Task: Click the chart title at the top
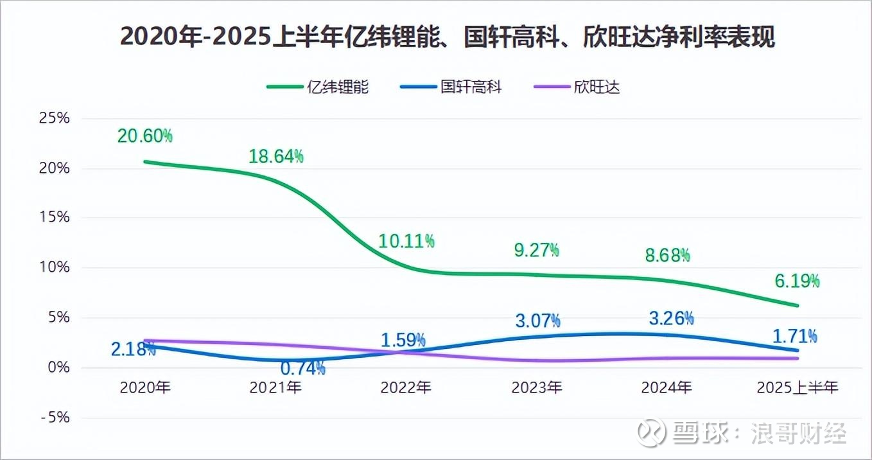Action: (x=448, y=37)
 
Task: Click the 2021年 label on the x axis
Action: (x=275, y=387)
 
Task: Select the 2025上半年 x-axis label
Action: (x=797, y=387)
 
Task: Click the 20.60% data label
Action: (x=144, y=136)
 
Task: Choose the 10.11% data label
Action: (x=406, y=241)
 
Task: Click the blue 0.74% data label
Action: (x=302, y=368)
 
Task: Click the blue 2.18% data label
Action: (x=133, y=349)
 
